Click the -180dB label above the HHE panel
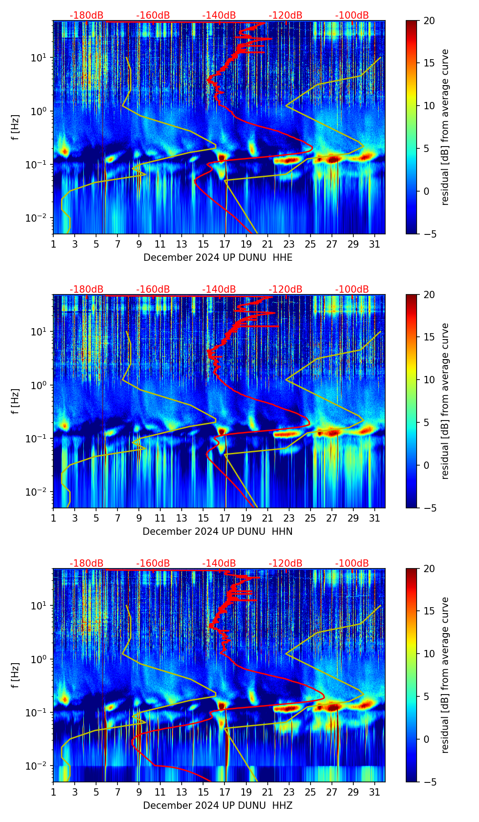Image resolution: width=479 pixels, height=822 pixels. (x=87, y=15)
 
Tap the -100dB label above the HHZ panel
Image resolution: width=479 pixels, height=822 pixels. (x=352, y=563)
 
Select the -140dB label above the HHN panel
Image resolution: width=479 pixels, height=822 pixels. (x=219, y=289)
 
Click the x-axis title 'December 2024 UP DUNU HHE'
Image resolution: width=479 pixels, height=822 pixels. (x=218, y=258)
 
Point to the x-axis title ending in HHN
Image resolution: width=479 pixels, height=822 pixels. (x=218, y=532)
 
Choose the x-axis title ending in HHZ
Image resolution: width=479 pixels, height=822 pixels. (x=218, y=806)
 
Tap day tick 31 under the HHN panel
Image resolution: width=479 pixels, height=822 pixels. (x=375, y=518)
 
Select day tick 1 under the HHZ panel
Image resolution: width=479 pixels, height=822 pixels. (x=54, y=792)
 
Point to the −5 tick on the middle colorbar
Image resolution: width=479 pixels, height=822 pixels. (x=427, y=508)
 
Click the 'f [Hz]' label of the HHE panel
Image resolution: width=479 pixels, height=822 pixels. (x=15, y=127)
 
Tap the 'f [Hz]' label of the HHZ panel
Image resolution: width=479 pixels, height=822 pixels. (x=15, y=675)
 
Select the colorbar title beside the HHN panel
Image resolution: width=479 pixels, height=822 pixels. (x=445, y=401)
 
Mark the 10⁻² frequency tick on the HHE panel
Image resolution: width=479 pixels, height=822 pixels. (x=38, y=218)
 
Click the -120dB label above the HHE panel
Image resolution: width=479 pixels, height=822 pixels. (x=285, y=15)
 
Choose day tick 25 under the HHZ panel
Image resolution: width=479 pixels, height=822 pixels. (x=311, y=792)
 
